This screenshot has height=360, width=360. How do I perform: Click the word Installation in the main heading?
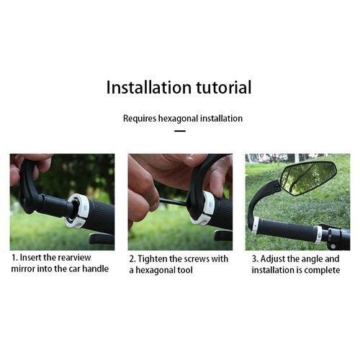149,87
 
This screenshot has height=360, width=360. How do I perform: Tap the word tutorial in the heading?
224,87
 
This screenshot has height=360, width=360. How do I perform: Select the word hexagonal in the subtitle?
179,119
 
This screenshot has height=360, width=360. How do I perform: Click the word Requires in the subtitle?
140,119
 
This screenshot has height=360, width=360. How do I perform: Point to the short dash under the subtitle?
180,131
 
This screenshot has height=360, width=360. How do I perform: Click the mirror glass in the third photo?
309,178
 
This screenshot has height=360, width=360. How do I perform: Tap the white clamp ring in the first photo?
77,211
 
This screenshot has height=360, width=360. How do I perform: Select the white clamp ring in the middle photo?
204,207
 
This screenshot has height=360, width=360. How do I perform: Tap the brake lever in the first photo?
102,238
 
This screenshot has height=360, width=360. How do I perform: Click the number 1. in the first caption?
15,258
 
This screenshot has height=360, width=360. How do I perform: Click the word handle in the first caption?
96,269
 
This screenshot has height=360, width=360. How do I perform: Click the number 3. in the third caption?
255,259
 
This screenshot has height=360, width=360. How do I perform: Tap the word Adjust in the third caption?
273,259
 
